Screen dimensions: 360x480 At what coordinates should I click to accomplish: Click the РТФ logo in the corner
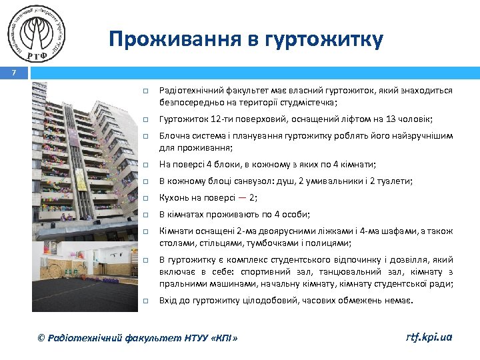[x=38, y=33]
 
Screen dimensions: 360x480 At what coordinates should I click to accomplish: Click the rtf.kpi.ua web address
[x=429, y=337]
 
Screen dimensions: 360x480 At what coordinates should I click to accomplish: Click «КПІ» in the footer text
[x=224, y=338]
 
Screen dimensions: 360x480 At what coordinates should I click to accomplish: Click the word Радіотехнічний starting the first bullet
[x=190, y=91]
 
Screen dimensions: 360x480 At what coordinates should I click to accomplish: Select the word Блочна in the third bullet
[x=174, y=135]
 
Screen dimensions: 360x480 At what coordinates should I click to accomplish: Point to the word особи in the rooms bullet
[x=297, y=214]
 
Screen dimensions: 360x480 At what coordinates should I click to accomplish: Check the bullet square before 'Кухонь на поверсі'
[x=143, y=198]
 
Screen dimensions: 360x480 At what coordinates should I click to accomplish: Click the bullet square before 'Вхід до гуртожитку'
[x=143, y=301]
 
